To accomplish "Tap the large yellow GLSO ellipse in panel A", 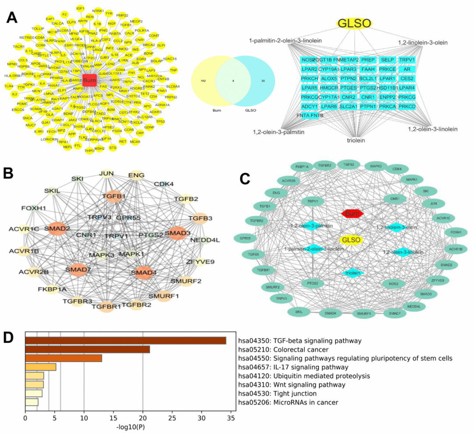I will [x=354, y=24].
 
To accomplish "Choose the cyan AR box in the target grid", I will [x=407, y=69].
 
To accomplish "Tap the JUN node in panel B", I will [x=106, y=174].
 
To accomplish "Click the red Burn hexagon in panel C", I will [x=353, y=213].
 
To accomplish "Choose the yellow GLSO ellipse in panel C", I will [x=351, y=240].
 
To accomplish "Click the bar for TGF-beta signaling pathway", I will [x=126, y=341].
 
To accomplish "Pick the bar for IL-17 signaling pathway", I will [x=41, y=367].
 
